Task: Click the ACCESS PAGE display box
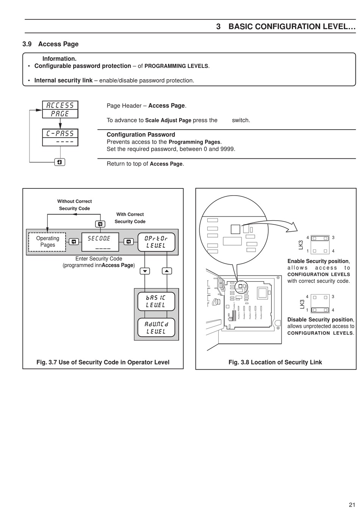60,110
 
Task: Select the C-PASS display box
60,137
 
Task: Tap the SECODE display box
100,242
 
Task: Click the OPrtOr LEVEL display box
156,242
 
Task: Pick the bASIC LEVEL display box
156,301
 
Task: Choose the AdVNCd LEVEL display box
156,328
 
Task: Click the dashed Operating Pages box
47,242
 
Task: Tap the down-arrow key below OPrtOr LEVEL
145,271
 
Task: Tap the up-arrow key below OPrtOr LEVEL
167,271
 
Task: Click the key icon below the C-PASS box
60,162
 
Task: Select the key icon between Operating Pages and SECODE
74,241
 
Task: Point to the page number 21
352,505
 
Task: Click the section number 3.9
27,44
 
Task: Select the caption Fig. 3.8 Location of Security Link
275,362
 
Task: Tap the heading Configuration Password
141,135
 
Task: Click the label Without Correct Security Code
74,205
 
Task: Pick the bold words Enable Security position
318,261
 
